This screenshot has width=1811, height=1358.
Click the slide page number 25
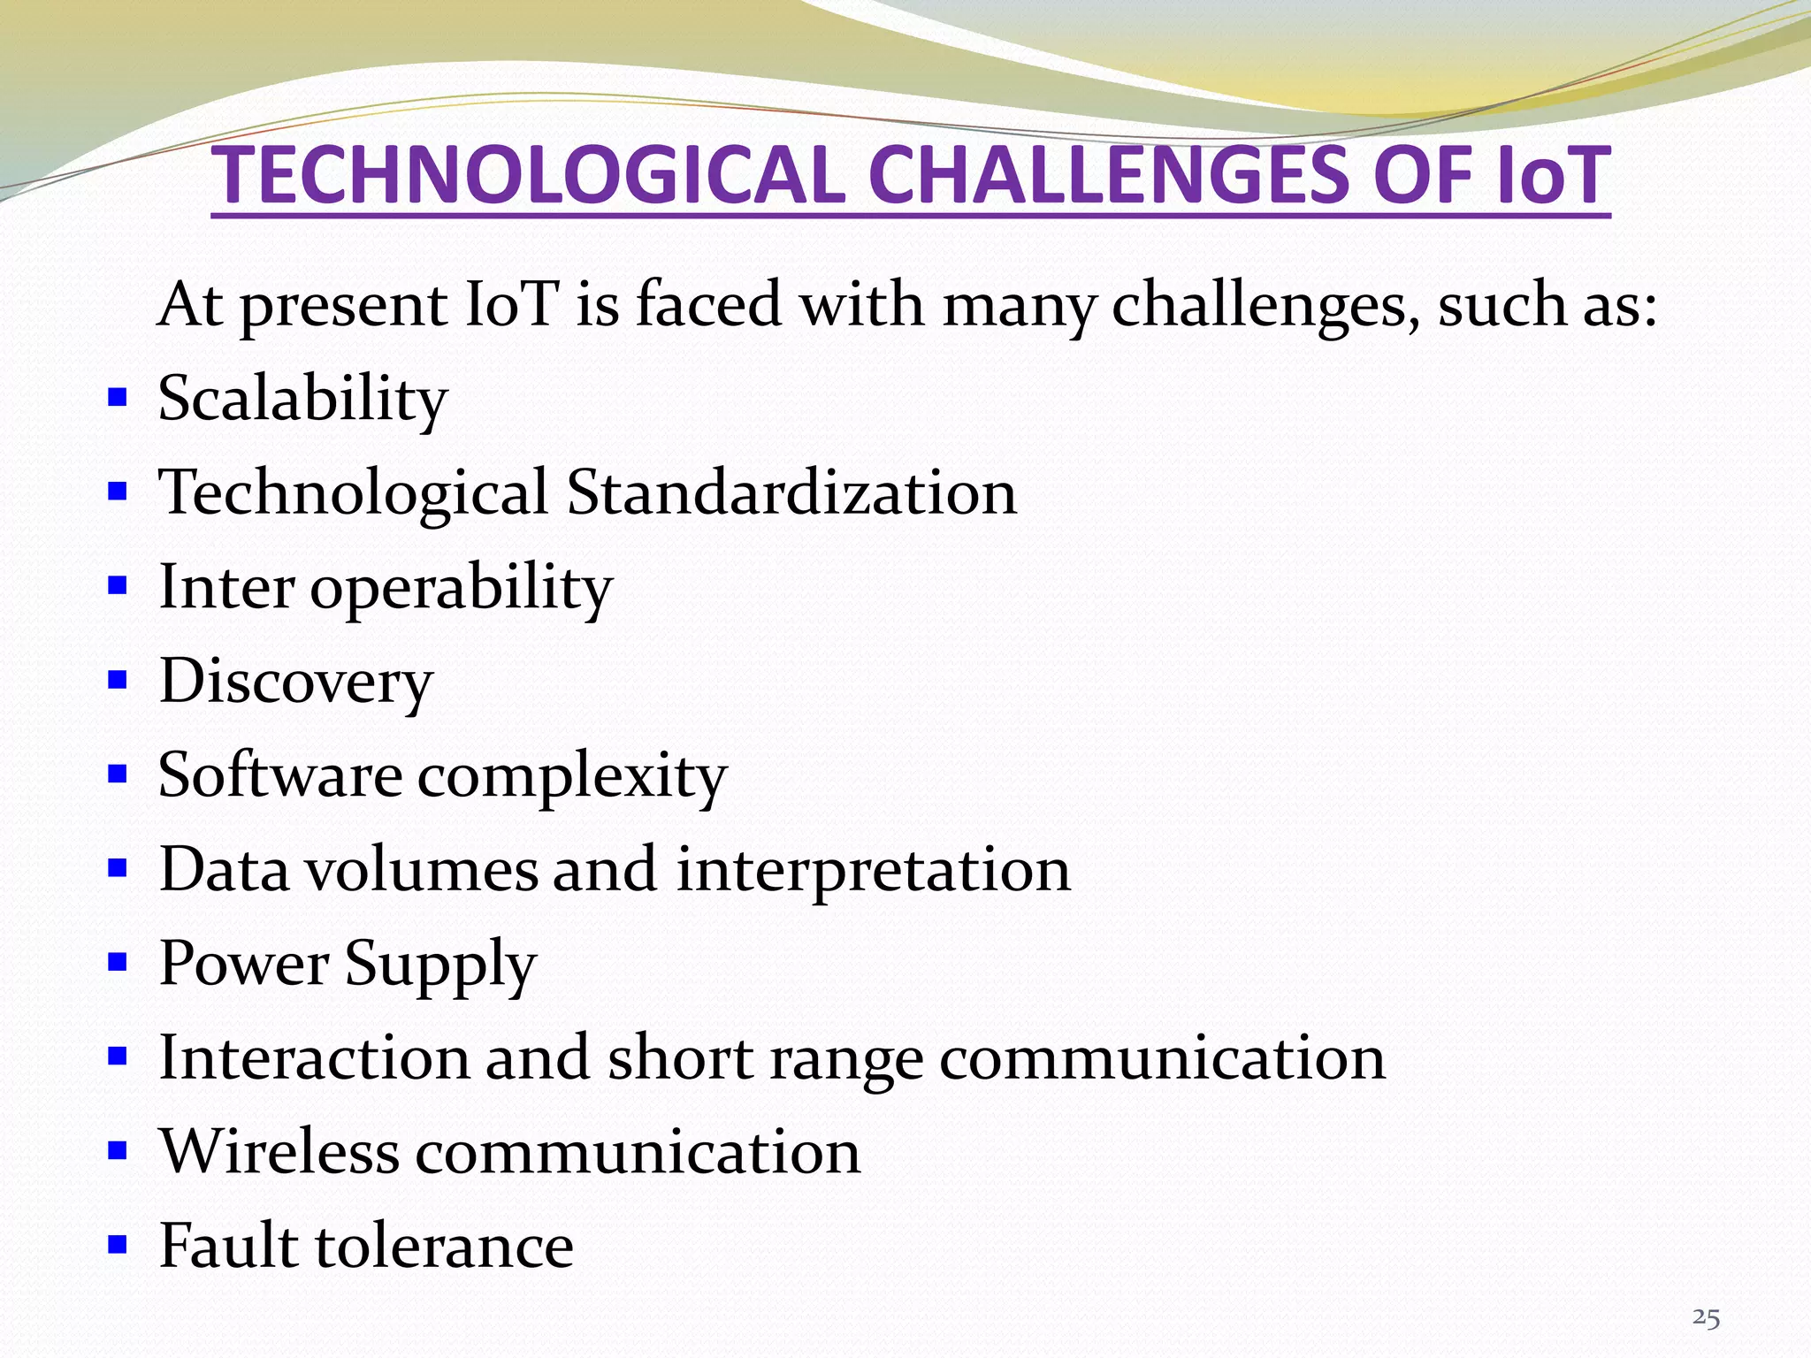[1706, 1318]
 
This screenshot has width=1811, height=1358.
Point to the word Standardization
[791, 492]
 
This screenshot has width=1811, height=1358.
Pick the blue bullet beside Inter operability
[118, 585]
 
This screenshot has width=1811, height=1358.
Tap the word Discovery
[296, 682]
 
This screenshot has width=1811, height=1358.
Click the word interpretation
[874, 870]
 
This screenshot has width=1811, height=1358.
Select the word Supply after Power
[440, 965]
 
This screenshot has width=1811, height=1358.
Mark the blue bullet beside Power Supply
[118, 961]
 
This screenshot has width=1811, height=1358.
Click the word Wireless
[279, 1152]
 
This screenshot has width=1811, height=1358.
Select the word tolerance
[445, 1246]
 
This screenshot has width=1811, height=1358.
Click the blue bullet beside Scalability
[118, 396]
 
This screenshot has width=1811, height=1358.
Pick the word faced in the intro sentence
[708, 304]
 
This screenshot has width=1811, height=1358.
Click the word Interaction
[314, 1058]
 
